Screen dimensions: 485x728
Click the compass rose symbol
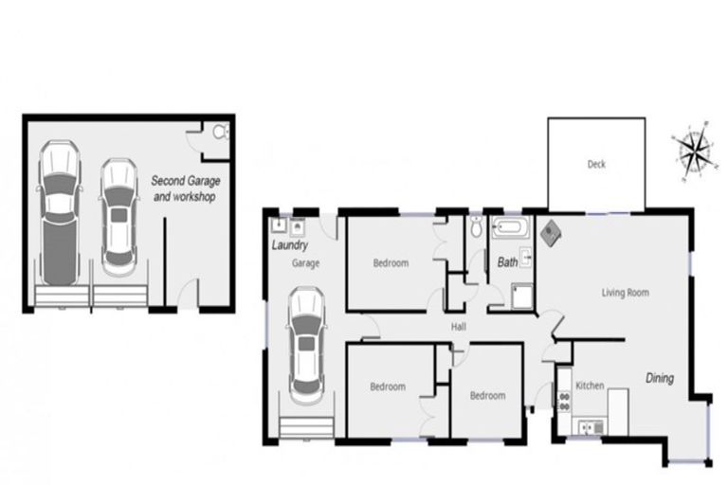tap(694, 150)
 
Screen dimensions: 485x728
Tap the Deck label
tap(596, 165)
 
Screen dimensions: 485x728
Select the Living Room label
tap(626, 293)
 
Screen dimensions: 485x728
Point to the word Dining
tap(660, 378)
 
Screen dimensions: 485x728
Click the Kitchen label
tap(591, 386)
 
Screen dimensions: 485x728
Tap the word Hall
tap(459, 326)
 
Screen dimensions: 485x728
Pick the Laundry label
tap(289, 244)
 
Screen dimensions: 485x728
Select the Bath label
tap(508, 262)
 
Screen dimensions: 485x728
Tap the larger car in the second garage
tap(59, 213)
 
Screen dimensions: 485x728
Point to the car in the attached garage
tap(307, 341)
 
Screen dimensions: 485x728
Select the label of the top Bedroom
tap(391, 263)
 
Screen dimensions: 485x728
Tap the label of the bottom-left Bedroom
tap(388, 386)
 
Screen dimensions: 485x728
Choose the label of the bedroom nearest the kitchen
tap(488, 396)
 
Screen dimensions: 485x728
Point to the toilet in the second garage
tap(221, 133)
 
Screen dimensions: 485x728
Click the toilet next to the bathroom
tap(475, 227)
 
